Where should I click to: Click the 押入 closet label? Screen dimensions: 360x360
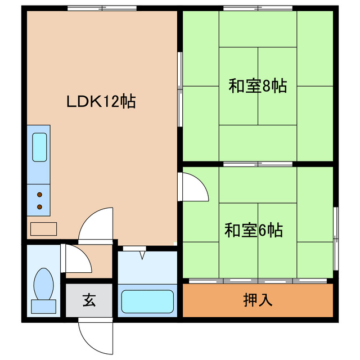[x=258, y=300]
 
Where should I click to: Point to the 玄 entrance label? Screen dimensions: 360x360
[x=89, y=300]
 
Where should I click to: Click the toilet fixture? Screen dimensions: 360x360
[x=43, y=284]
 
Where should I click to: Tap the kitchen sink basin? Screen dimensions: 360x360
[x=39, y=147]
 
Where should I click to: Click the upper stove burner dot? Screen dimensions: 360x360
[x=40, y=195]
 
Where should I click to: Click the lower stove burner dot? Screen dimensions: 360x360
[x=40, y=207]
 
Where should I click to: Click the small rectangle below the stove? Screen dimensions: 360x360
[x=43, y=228]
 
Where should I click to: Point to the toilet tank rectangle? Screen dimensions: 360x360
[x=43, y=307]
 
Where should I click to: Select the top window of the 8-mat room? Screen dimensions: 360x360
[x=258, y=8]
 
